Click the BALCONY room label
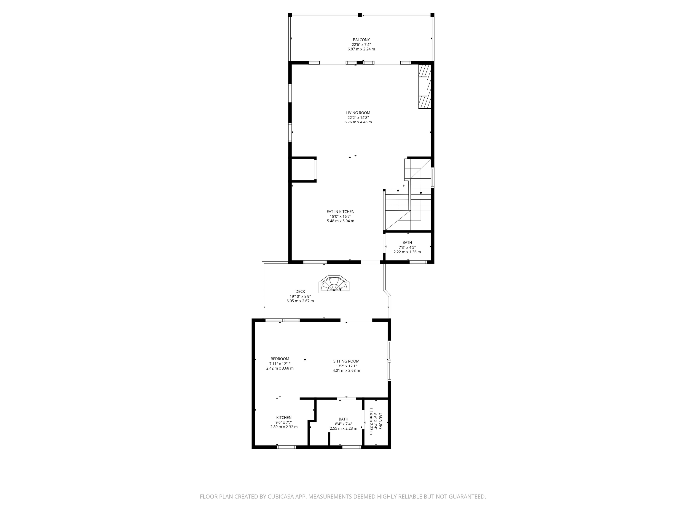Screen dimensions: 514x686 [x=361, y=40]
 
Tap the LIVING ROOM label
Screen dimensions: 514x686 [x=358, y=113]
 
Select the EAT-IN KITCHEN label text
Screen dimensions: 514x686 [x=340, y=212]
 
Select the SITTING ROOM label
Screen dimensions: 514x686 [x=346, y=361]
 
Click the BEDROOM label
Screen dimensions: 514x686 [x=279, y=359]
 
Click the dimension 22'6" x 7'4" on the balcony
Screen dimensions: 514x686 [x=361, y=45]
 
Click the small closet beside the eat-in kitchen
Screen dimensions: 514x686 [x=303, y=170]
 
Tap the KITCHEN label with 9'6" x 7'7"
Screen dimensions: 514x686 [x=284, y=418]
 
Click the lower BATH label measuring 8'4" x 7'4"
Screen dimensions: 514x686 [x=343, y=419]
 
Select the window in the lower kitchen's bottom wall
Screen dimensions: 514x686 [x=286, y=447]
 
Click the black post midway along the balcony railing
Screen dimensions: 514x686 [x=360, y=15]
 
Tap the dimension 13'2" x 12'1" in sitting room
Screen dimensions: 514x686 [x=346, y=366]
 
